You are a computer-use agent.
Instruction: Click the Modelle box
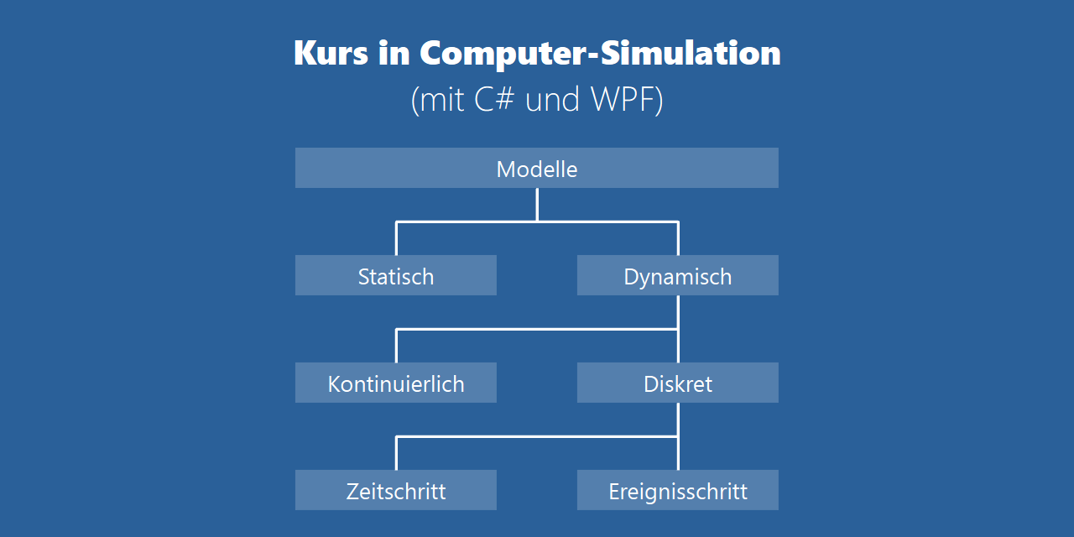tap(537, 168)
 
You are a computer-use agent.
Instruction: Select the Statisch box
tap(396, 275)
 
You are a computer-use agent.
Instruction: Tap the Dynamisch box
tap(678, 275)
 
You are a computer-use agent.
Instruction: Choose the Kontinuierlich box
tap(396, 383)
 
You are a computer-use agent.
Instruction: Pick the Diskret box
tap(678, 383)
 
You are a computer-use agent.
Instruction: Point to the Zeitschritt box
tap(396, 490)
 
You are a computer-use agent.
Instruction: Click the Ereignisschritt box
tap(678, 490)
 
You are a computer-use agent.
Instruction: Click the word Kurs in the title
tap(331, 53)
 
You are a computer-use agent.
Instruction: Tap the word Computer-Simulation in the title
tap(600, 53)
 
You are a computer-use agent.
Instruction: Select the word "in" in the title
tap(393, 53)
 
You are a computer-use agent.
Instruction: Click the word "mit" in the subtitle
tap(441, 100)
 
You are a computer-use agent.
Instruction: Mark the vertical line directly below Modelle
tap(537, 204)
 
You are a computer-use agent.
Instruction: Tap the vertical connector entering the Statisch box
tap(396, 238)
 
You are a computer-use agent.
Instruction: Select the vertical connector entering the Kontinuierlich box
tap(396, 346)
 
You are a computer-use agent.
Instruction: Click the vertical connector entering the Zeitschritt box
tap(396, 453)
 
